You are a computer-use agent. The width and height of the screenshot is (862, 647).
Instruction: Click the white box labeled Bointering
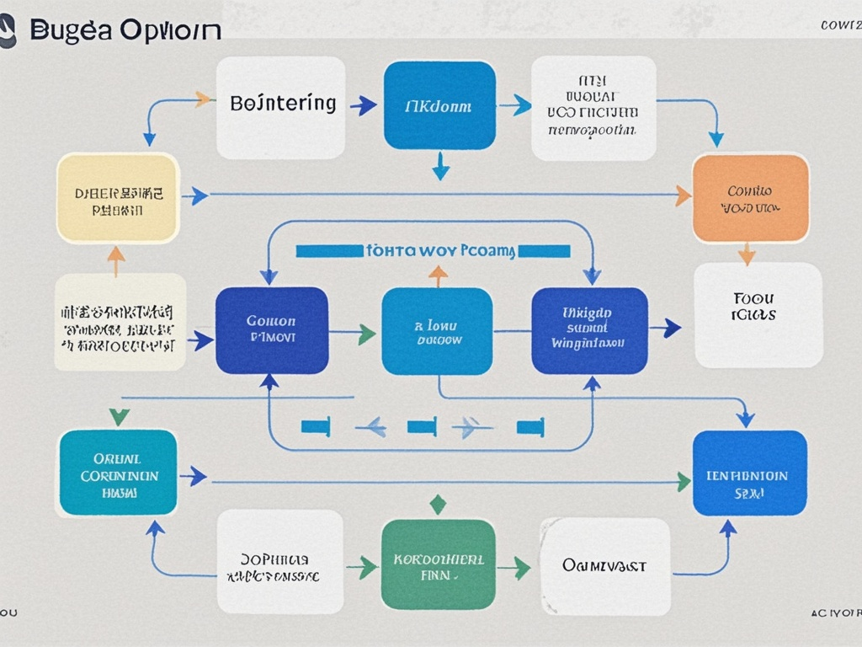280,107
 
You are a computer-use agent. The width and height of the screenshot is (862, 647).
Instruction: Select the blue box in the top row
439,105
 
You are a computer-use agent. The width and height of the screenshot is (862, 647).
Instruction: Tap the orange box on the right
750,198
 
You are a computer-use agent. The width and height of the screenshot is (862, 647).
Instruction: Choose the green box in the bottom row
438,564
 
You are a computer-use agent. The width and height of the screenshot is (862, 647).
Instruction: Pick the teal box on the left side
117,473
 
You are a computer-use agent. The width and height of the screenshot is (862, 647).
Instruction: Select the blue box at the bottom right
749,473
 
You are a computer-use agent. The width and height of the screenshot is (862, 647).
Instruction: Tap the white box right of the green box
604,565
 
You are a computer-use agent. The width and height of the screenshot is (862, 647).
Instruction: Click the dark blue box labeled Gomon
271,330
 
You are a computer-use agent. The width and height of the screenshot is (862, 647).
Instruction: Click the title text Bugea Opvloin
125,29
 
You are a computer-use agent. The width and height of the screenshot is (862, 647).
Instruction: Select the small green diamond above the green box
437,504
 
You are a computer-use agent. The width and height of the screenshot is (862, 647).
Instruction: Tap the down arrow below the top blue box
440,168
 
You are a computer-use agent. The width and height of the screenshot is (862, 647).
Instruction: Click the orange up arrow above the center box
438,274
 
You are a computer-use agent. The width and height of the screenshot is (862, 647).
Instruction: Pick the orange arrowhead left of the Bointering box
203,99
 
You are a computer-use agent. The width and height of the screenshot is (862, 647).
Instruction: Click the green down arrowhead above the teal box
120,415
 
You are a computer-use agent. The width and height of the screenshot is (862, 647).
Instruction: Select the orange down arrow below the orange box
747,254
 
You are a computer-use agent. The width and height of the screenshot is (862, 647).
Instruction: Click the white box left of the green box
279,562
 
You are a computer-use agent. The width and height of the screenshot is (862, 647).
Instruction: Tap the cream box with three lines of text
120,322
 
